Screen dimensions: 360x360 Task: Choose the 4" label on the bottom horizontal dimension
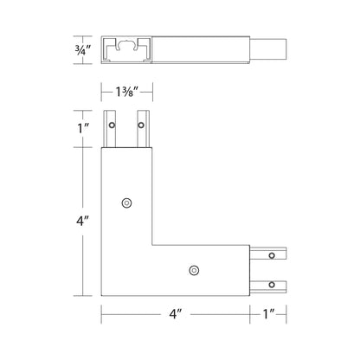pyautogui.click(x=178, y=313)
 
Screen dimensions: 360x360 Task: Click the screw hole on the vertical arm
pyautogui.click(x=127, y=202)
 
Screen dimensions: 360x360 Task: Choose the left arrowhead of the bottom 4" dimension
pyautogui.click(x=105, y=313)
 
